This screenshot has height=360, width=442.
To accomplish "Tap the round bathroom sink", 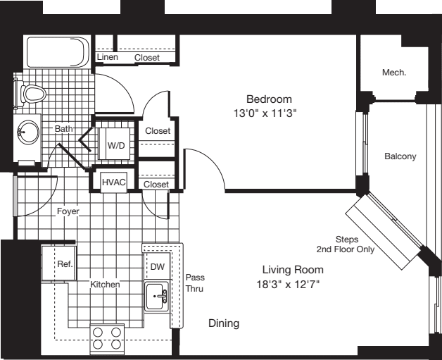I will [x=30, y=131].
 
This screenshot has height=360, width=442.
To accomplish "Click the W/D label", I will [x=116, y=146].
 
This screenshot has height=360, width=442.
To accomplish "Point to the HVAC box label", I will [x=114, y=182].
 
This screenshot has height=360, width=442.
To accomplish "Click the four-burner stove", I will [x=107, y=339].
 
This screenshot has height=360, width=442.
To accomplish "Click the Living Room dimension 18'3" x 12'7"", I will [x=293, y=285].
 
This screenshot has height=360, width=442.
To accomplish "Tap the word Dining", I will [x=224, y=323].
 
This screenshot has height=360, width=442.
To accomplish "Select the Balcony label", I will [x=400, y=156].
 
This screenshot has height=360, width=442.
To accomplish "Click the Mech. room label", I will [x=394, y=72].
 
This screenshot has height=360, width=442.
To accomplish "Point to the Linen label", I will [x=108, y=57].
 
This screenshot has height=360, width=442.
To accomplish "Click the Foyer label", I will [x=68, y=211].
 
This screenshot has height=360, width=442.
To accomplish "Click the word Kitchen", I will [x=104, y=285].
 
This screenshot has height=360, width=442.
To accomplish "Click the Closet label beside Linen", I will [x=147, y=57].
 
